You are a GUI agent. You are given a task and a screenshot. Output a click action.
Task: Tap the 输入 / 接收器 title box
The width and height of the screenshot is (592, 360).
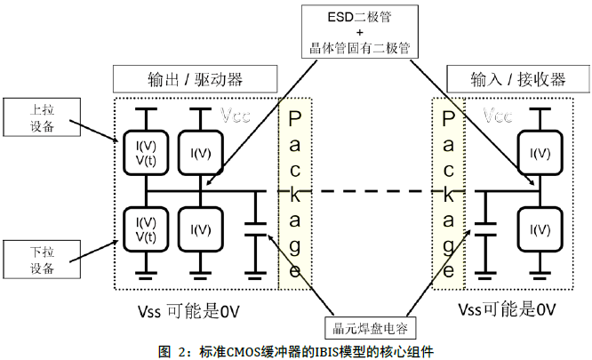518,79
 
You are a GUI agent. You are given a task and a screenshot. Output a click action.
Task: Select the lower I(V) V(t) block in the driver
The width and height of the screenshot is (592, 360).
142,228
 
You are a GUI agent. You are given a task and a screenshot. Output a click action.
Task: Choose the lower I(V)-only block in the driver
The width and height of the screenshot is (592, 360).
201,228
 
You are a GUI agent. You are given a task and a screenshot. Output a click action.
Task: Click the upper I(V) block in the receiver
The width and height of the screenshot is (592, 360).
539,153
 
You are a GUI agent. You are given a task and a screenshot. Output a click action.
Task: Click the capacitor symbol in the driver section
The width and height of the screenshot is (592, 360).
256,227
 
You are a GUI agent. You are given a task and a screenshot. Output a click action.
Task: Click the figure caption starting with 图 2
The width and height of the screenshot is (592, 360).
295,349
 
